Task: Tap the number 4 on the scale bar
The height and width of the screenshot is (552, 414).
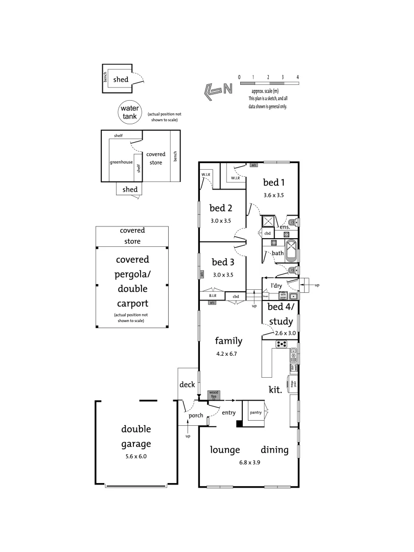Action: click(x=297, y=77)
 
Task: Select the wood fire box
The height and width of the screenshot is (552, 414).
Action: click(x=213, y=395)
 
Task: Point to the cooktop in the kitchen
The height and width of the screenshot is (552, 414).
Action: click(x=282, y=344)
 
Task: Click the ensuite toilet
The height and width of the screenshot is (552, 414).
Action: click(x=293, y=222)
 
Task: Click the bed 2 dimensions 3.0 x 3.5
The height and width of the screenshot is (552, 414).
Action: click(x=221, y=221)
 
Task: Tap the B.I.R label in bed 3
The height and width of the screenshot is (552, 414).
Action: click(x=213, y=296)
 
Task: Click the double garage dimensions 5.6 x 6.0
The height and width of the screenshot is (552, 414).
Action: click(x=136, y=456)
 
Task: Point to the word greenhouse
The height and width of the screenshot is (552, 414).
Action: click(x=121, y=163)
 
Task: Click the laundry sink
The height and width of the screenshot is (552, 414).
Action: click(x=294, y=296)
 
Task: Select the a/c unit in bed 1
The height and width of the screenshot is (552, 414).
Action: click(x=254, y=165)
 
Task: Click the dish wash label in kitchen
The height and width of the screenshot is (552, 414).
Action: click(x=293, y=366)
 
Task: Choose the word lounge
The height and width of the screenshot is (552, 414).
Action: click(x=225, y=450)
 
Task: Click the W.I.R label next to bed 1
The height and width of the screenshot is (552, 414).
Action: click(x=236, y=178)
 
